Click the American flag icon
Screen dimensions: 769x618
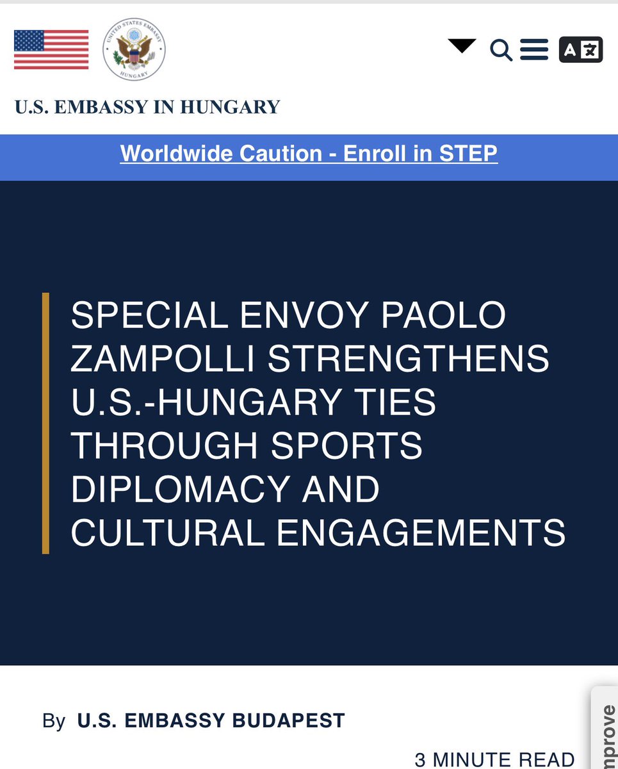51,49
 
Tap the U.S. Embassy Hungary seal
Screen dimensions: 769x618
134,54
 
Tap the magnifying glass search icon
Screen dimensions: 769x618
501,49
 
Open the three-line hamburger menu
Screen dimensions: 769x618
534,49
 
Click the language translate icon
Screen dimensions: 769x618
581,49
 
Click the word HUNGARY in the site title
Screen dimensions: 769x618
230,106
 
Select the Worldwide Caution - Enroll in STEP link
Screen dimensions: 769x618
309,154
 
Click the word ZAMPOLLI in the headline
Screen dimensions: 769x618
163,359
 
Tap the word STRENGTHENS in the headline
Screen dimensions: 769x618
409,359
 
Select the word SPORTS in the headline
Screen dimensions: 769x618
346,446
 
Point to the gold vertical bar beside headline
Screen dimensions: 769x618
45,423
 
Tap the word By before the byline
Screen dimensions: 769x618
54,721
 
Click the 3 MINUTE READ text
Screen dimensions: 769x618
494,760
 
